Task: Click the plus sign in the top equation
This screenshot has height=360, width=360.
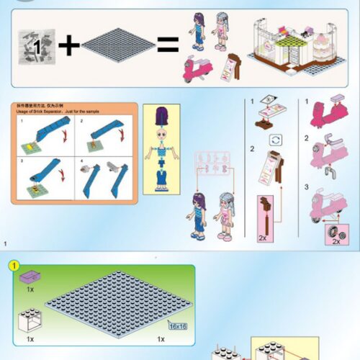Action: tap(69, 45)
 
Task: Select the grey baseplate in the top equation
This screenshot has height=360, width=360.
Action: tap(118, 45)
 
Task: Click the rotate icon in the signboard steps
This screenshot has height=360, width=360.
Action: tap(273, 138)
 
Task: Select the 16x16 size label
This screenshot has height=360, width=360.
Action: tap(177, 325)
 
